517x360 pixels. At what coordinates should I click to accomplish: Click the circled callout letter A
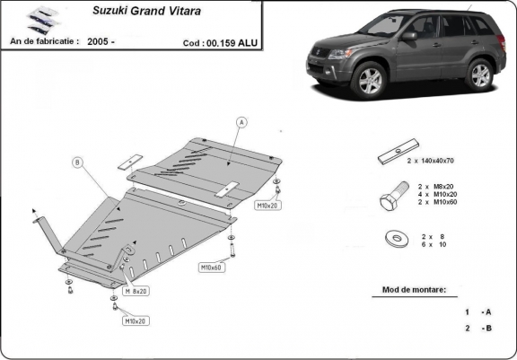click(x=241, y=122)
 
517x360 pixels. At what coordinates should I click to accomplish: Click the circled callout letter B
click(x=77, y=162)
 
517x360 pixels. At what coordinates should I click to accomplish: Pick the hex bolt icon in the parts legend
click(x=391, y=202)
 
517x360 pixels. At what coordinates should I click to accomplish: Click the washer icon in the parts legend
click(x=392, y=240)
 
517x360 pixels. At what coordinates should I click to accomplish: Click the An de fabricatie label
click(x=44, y=41)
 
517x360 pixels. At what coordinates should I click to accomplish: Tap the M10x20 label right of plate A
click(x=268, y=206)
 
